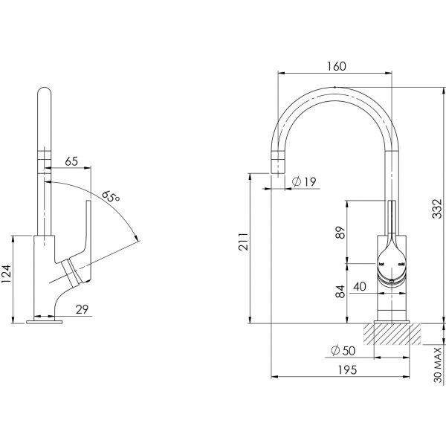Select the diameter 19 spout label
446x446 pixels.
[303, 181]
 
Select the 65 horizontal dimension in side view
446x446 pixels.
[71, 161]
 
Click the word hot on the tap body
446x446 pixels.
[381, 263]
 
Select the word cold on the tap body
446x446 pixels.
[401, 263]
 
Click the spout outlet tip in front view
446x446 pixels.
[277, 165]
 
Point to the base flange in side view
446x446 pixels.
[45, 321]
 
